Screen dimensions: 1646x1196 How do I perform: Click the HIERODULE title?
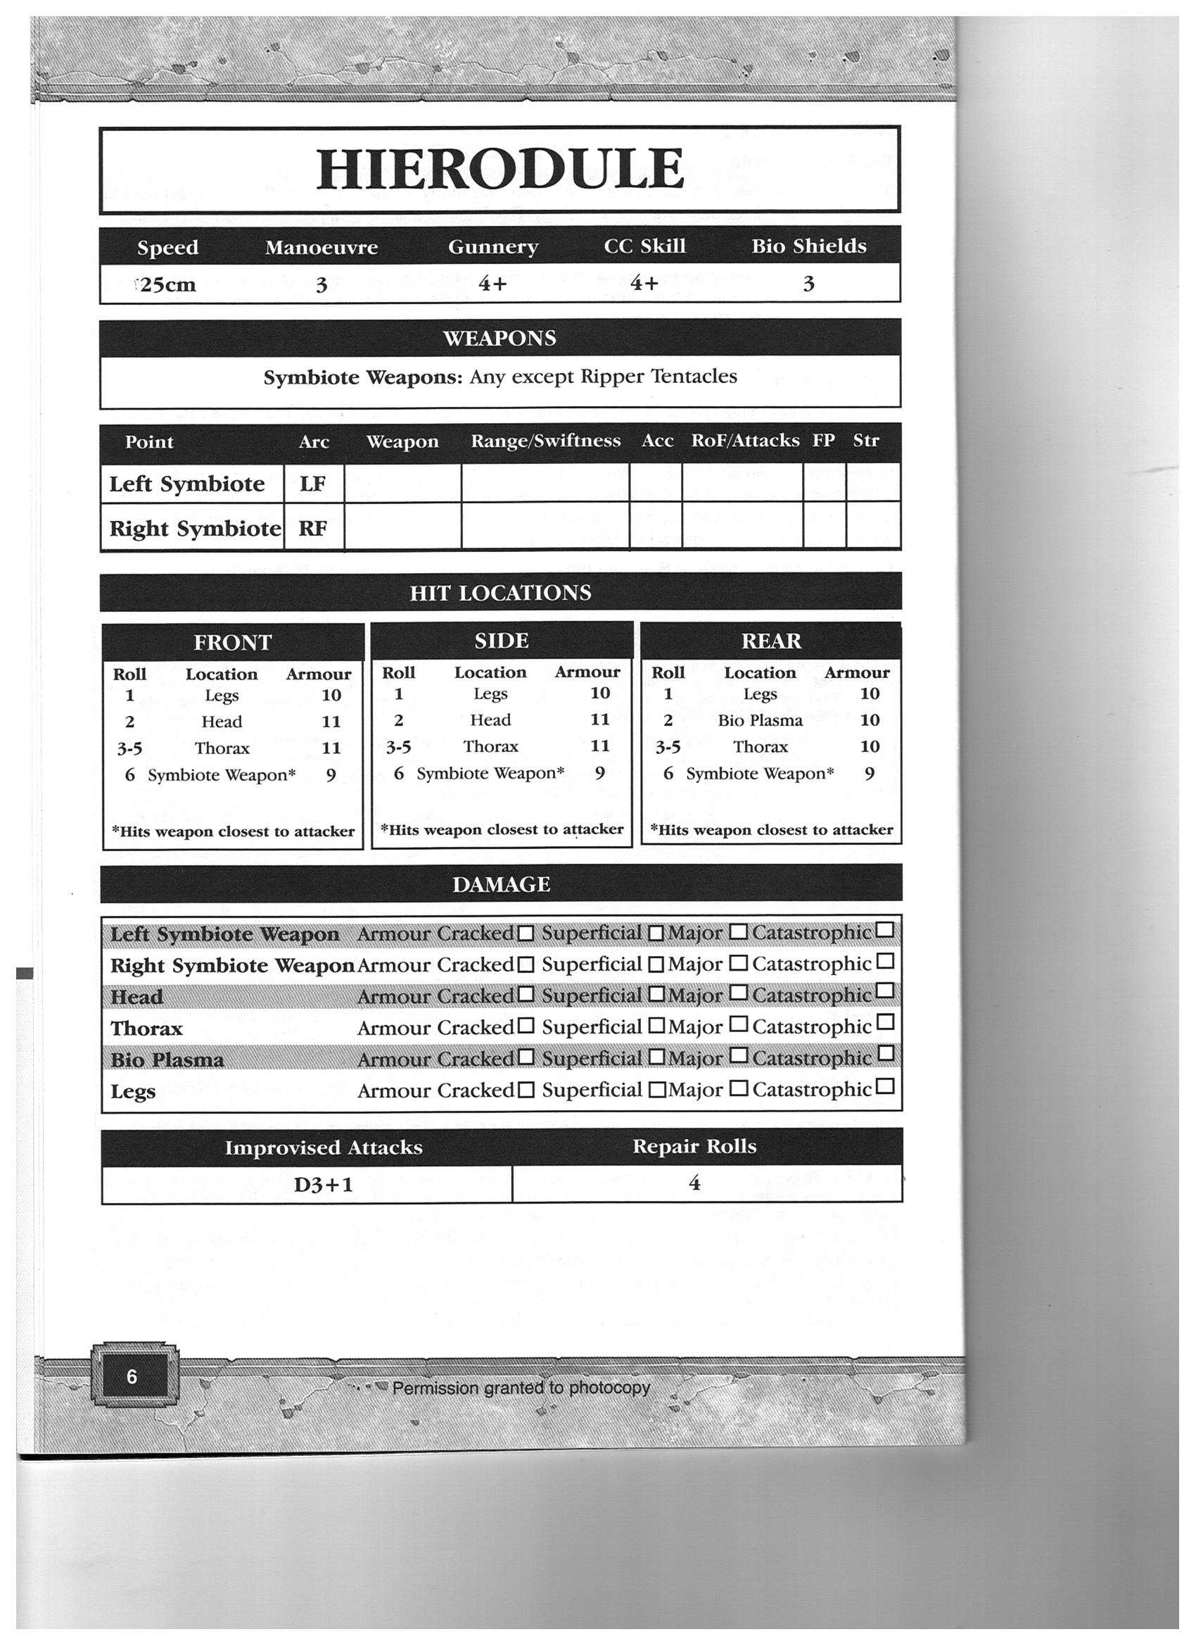pyautogui.click(x=500, y=169)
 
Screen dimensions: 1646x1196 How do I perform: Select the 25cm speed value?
pyautogui.click(x=168, y=284)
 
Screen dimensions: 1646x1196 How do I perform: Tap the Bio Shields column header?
pyautogui.click(x=808, y=246)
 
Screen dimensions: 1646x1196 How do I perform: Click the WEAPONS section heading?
pyautogui.click(x=500, y=338)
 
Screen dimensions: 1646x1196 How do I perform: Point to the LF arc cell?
pyautogui.click(x=312, y=484)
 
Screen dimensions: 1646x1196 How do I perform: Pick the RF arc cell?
pyautogui.click(x=312, y=528)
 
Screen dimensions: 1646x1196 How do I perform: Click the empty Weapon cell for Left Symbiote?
pyautogui.click(x=402, y=484)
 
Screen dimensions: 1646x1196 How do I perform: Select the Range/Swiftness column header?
pyautogui.click(x=545, y=441)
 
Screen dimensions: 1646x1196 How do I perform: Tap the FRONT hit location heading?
pyautogui.click(x=232, y=642)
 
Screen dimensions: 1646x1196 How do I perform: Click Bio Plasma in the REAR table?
pyautogui.click(x=760, y=721)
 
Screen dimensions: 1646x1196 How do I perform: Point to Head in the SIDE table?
pyautogui.click(x=490, y=720)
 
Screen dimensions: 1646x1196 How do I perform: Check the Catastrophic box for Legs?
pyautogui.click(x=886, y=1086)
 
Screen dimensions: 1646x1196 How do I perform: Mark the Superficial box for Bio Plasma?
pyautogui.click(x=656, y=1057)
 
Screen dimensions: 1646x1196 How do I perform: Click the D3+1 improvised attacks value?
pyautogui.click(x=324, y=1185)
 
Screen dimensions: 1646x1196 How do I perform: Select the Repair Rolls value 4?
pyautogui.click(x=694, y=1183)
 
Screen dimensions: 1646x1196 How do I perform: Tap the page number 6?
pyautogui.click(x=132, y=1377)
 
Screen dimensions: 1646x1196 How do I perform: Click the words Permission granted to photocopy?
pyautogui.click(x=521, y=1388)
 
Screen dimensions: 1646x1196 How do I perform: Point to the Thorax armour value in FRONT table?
pyautogui.click(x=331, y=748)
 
